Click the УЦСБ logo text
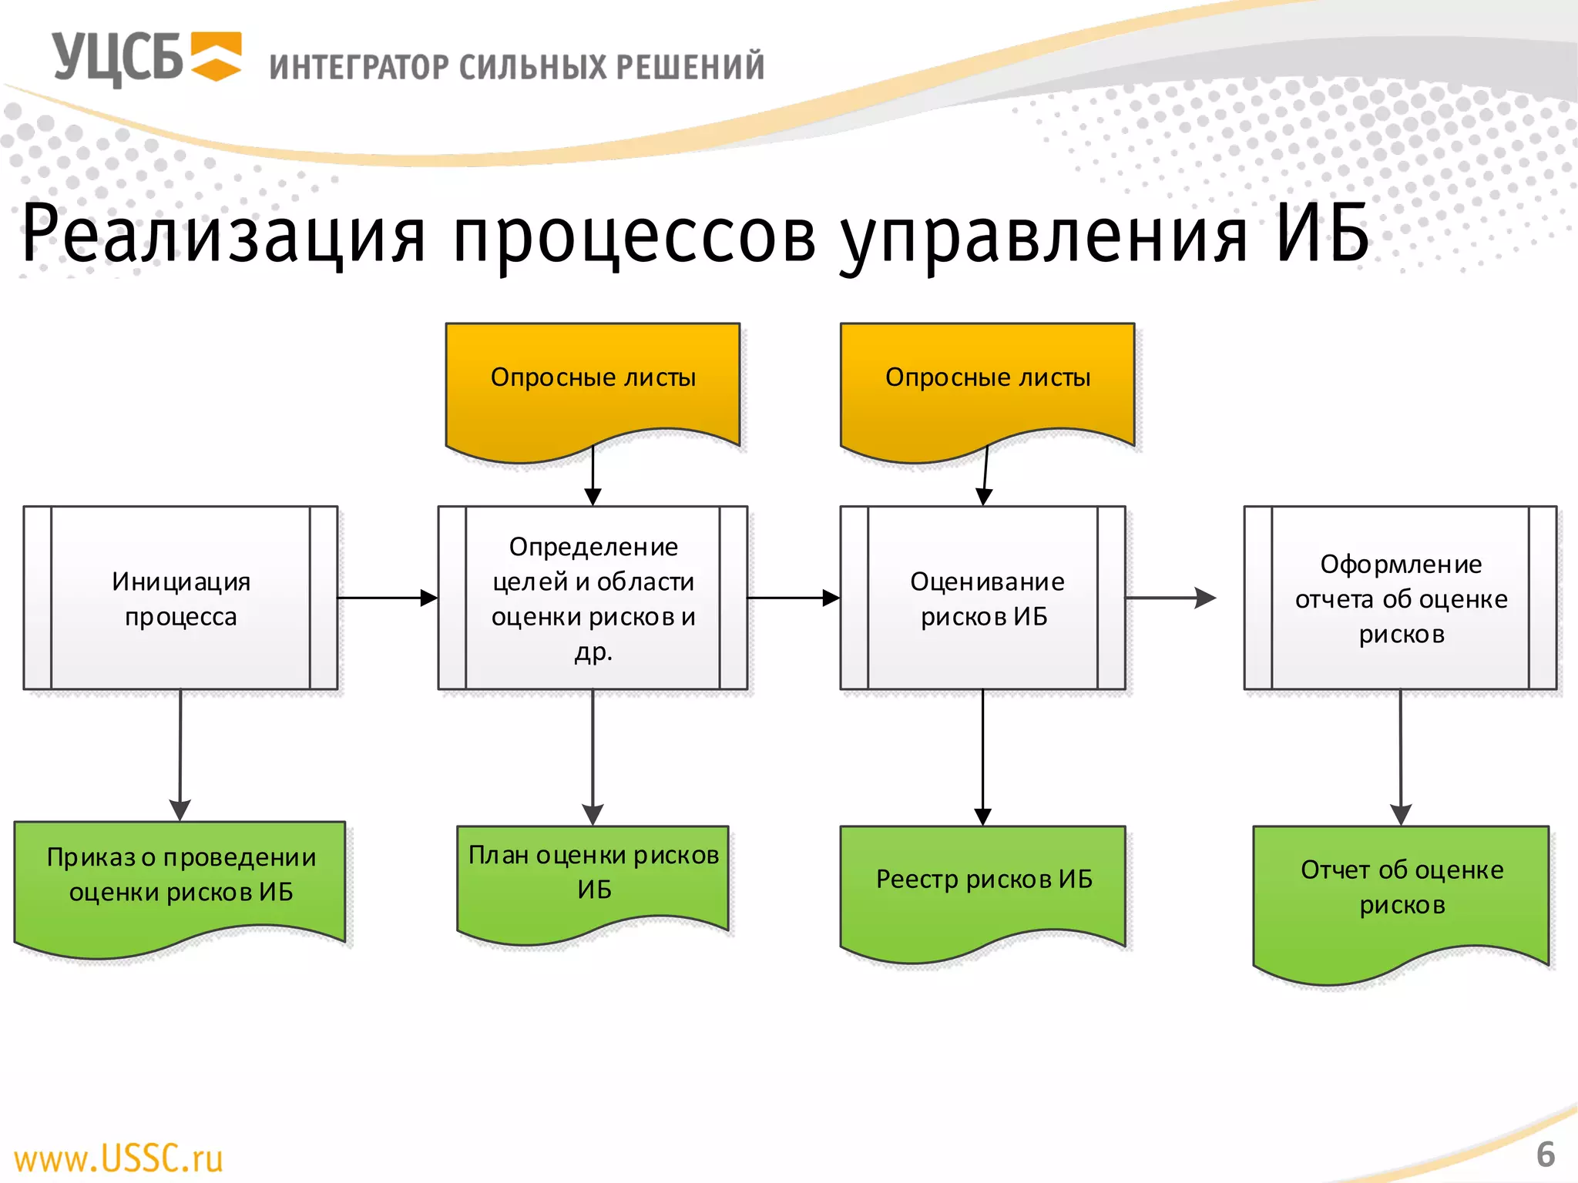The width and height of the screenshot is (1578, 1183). (x=117, y=59)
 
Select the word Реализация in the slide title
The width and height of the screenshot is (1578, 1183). (x=223, y=233)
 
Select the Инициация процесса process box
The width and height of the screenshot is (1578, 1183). (x=180, y=598)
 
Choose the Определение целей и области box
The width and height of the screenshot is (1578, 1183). (x=593, y=598)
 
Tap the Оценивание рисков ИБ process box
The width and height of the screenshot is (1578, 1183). (x=983, y=598)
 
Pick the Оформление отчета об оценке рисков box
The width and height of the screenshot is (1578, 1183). (x=1400, y=598)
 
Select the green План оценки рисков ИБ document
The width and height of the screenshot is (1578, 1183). (x=593, y=878)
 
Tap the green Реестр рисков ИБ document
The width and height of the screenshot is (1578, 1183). (x=983, y=886)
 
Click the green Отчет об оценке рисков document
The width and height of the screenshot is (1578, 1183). (x=1401, y=893)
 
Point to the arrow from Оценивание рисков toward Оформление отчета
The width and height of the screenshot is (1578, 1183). (x=1170, y=598)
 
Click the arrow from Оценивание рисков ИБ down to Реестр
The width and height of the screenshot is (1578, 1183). (x=982, y=759)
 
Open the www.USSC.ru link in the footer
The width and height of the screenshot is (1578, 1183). (x=119, y=1158)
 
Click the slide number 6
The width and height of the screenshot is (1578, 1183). (x=1545, y=1155)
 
